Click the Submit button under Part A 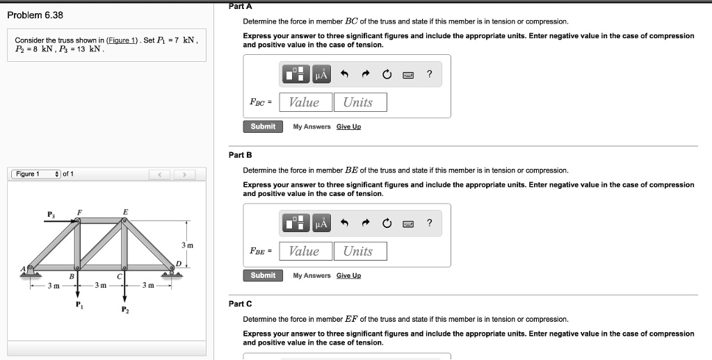coord(263,126)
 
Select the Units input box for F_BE coord(359,252)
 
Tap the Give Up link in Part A coord(348,126)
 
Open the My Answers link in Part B coord(311,276)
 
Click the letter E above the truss coord(125,211)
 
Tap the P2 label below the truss coord(124,311)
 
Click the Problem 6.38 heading coord(35,15)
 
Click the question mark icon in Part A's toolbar coord(430,74)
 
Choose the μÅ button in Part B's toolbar coord(321,223)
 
